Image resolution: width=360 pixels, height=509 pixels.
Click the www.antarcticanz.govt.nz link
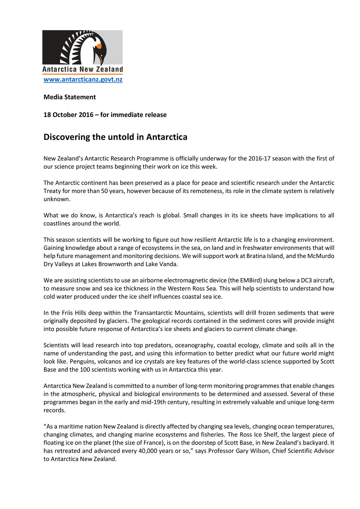83,80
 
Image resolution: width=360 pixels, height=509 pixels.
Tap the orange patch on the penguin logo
98,46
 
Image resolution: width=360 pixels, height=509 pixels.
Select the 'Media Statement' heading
70,97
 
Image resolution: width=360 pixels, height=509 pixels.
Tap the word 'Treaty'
52,191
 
